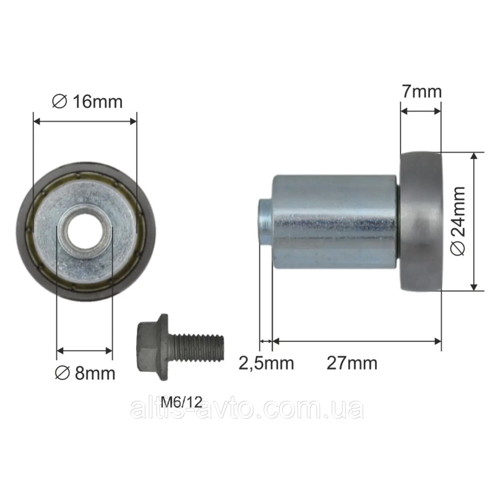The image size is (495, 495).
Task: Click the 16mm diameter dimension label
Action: (87, 101)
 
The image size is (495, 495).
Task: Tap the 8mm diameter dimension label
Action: (85, 374)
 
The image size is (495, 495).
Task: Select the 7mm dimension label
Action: (422, 92)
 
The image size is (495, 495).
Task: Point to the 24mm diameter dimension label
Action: (458, 221)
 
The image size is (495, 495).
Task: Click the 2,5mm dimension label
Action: (266, 363)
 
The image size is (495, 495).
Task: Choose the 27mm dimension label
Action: (352, 363)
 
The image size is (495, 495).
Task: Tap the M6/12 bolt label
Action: (181, 402)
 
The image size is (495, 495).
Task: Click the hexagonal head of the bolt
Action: (153, 347)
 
